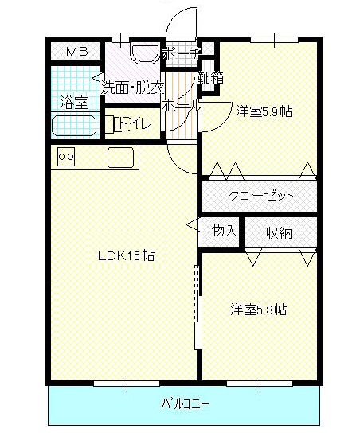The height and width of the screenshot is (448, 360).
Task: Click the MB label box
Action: point(76,52)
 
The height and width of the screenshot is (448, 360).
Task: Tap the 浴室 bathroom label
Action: point(74,102)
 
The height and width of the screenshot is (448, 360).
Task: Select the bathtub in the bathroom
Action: point(74,126)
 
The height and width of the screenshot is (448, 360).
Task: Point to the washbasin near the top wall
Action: point(145,54)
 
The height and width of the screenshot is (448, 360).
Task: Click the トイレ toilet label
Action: point(128,123)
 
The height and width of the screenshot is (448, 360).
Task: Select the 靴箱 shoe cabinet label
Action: point(211,78)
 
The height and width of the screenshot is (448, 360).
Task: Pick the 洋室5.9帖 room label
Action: point(264,112)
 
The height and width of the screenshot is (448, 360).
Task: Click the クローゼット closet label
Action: point(261,196)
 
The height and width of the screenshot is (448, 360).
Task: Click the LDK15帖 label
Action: point(126,256)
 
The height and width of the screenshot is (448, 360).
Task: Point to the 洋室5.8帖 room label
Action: point(259,310)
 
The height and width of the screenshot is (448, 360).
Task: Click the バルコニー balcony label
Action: point(185,404)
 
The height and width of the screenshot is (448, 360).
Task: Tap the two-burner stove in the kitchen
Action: point(66,158)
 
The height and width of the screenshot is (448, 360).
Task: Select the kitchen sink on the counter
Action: point(122,158)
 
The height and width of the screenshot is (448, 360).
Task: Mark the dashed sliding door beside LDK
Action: point(195,302)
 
